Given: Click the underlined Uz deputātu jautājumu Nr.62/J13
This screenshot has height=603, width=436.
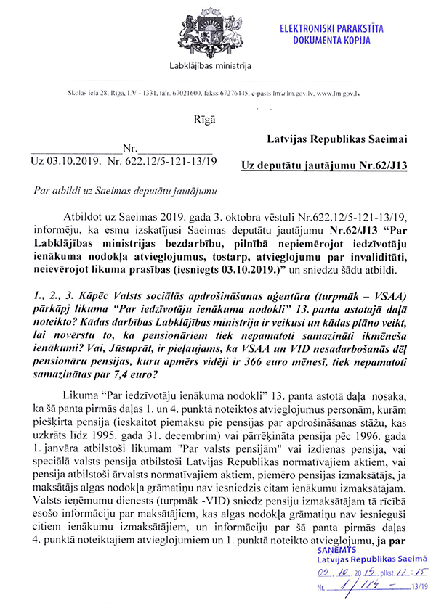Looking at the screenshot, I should pos(324,166).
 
